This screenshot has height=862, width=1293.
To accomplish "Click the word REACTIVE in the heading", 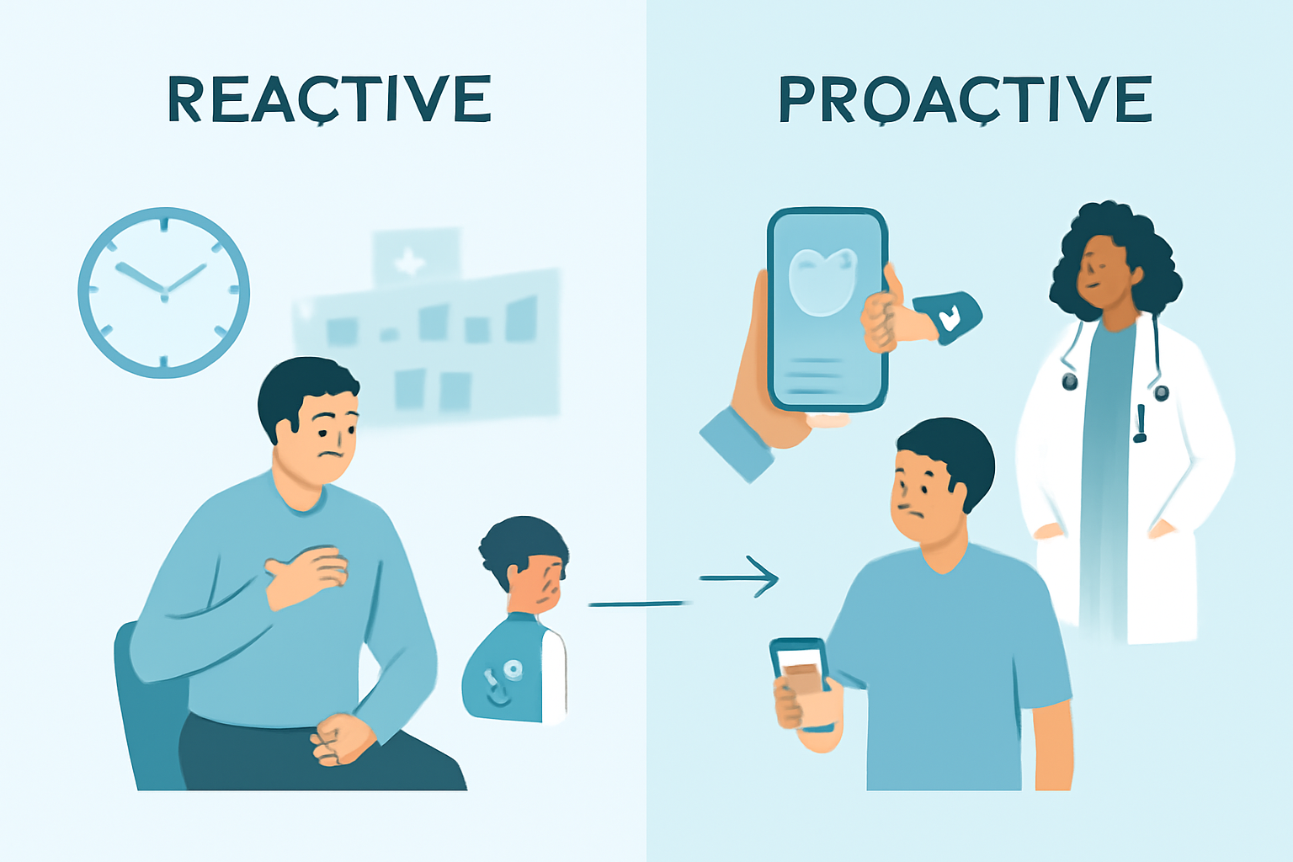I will click(329, 100).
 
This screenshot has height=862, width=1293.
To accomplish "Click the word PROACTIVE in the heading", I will click(965, 100).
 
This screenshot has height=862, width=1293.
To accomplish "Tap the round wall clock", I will click(164, 291).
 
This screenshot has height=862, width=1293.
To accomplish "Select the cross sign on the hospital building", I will click(410, 262).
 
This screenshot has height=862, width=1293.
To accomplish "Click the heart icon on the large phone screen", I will click(822, 280).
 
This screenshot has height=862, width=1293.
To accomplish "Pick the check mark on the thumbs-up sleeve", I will click(950, 319).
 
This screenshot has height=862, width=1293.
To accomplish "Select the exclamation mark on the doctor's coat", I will click(1141, 423).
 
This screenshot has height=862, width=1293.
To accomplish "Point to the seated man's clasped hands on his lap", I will click(341, 738).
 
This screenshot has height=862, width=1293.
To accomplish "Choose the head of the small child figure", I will click(526, 560).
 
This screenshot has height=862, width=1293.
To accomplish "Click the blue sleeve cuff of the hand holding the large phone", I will click(737, 443).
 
